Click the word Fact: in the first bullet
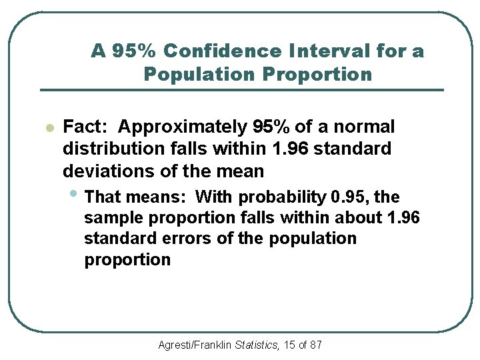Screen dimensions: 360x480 pyautogui.click(x=85, y=127)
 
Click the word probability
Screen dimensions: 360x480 pyautogui.click(x=282, y=197)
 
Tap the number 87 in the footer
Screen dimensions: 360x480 pyautogui.click(x=315, y=345)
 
